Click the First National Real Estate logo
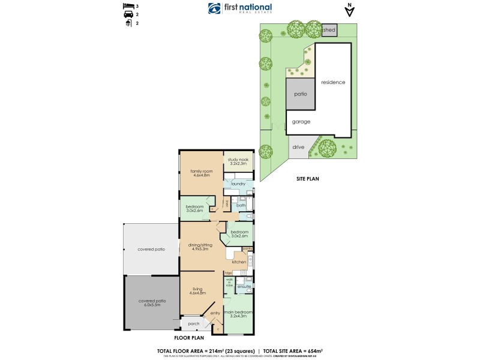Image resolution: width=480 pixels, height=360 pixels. click(x=239, y=9)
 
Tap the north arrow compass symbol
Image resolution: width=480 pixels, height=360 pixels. click(x=350, y=9)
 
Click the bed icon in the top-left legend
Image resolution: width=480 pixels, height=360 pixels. click(x=128, y=5)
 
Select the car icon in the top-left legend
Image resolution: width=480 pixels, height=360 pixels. click(x=128, y=14)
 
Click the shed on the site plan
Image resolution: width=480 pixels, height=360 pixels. click(x=329, y=30)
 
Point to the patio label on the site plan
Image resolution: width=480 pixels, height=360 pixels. click(x=300, y=94)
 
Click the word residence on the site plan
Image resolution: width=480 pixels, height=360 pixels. click(x=333, y=82)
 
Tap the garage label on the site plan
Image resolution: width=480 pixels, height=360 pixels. click(x=301, y=122)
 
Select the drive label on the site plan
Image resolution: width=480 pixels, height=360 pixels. click(x=298, y=147)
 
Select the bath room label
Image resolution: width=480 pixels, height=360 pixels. click(x=241, y=205)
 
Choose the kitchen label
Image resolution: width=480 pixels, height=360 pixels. click(x=239, y=262)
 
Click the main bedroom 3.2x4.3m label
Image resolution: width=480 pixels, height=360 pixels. click(x=238, y=314)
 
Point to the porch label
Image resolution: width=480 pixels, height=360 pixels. click(x=193, y=324)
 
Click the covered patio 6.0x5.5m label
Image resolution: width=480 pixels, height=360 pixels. click(x=152, y=303)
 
